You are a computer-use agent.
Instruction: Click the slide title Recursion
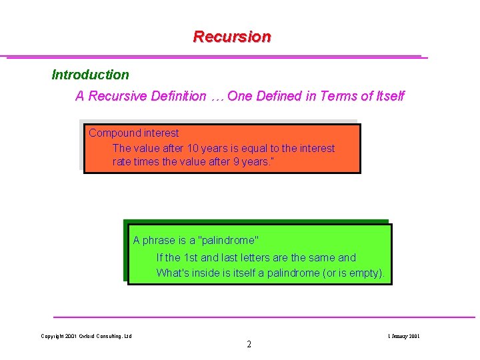tap(232, 37)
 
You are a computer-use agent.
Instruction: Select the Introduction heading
tap(90, 75)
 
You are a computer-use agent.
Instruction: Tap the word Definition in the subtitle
tap(177, 96)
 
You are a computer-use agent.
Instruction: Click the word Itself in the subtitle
tap(390, 96)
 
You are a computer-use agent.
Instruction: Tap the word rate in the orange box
tap(122, 162)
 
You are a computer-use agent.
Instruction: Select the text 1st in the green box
tap(191, 257)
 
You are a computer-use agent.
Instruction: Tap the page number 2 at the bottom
tap(249, 345)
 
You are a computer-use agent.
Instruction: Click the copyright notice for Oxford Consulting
tap(86, 336)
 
